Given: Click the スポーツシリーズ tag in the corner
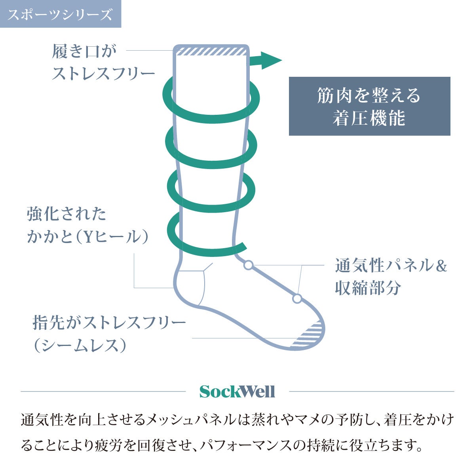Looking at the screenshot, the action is pyautogui.click(x=60, y=14).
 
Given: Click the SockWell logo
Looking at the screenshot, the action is pyautogui.click(x=237, y=392).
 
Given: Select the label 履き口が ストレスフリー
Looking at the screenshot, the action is pyautogui.click(x=103, y=63).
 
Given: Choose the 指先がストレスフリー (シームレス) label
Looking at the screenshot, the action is pyautogui.click(x=109, y=334).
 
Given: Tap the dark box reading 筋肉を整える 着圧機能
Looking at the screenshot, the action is pyautogui.click(x=369, y=106).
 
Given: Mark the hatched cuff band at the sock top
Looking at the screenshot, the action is pyautogui.click(x=211, y=51).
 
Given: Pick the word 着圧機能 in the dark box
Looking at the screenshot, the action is pyautogui.click(x=369, y=118).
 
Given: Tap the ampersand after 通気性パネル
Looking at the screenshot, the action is pyautogui.click(x=441, y=265).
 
